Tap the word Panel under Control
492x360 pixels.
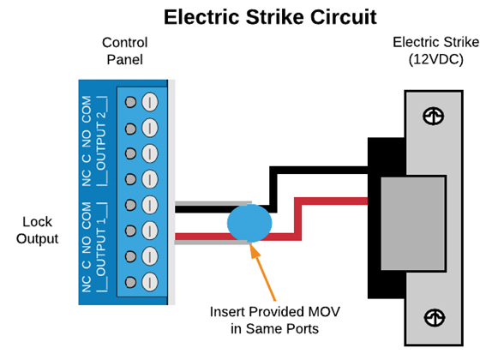124,60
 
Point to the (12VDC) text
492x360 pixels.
435,59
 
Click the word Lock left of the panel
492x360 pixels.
37,222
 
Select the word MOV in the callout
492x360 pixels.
324,312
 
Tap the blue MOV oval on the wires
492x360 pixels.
249,223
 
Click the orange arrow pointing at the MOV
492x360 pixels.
262,272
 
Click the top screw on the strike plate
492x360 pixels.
433,116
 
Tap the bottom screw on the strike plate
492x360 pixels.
435,318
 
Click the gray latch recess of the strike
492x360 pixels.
413,224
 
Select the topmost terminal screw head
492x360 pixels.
150,102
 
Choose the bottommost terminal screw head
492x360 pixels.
150,282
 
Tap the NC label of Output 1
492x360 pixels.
87,284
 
